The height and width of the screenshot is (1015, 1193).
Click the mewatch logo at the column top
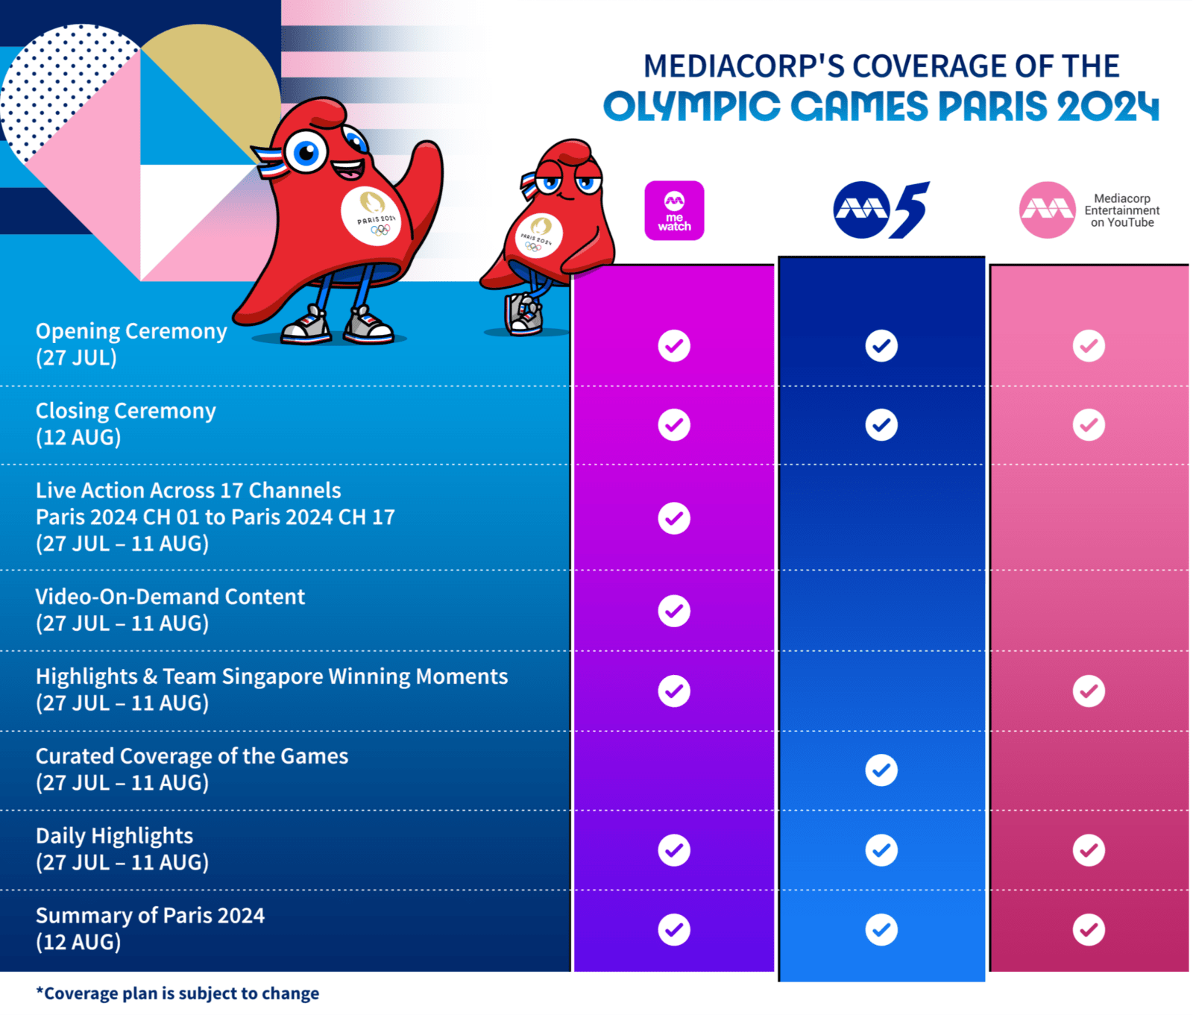coord(674,210)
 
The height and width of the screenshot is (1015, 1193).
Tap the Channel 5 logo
coord(881,210)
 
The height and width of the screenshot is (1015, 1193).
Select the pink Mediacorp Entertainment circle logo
coord(1047,210)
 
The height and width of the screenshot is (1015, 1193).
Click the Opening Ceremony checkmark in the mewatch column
coord(674,346)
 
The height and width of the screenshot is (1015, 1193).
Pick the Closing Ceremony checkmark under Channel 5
coord(881,425)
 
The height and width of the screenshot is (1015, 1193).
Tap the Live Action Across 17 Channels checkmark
coord(674,518)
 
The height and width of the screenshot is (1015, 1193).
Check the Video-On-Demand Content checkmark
coord(674,611)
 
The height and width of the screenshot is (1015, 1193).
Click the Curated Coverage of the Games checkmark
coord(881,770)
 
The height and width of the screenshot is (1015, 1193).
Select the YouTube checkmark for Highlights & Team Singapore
coord(1089,691)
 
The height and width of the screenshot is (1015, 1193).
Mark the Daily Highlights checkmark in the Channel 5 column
coord(881,850)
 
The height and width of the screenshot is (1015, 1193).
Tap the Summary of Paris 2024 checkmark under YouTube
coord(1089,929)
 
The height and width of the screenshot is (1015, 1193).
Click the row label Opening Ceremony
coord(131,331)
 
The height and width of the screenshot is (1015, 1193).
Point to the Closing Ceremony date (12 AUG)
coord(78,437)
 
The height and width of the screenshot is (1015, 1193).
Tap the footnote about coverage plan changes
coord(177,993)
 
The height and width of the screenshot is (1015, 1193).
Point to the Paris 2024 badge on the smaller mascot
coord(538,235)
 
